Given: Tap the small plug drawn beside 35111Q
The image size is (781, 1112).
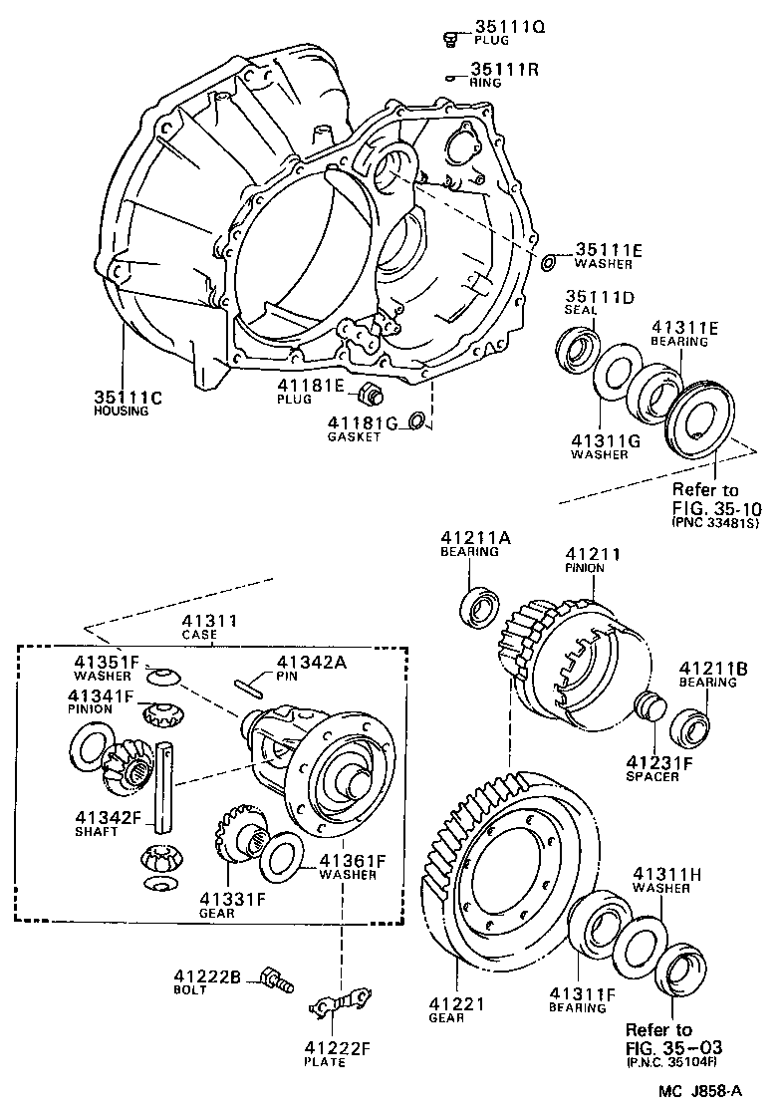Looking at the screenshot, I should tap(449, 39).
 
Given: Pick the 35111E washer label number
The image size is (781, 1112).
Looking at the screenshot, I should tap(609, 250).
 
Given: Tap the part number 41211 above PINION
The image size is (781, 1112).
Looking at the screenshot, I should tap(593, 554).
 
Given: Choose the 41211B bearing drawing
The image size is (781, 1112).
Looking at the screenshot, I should tap(688, 724).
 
